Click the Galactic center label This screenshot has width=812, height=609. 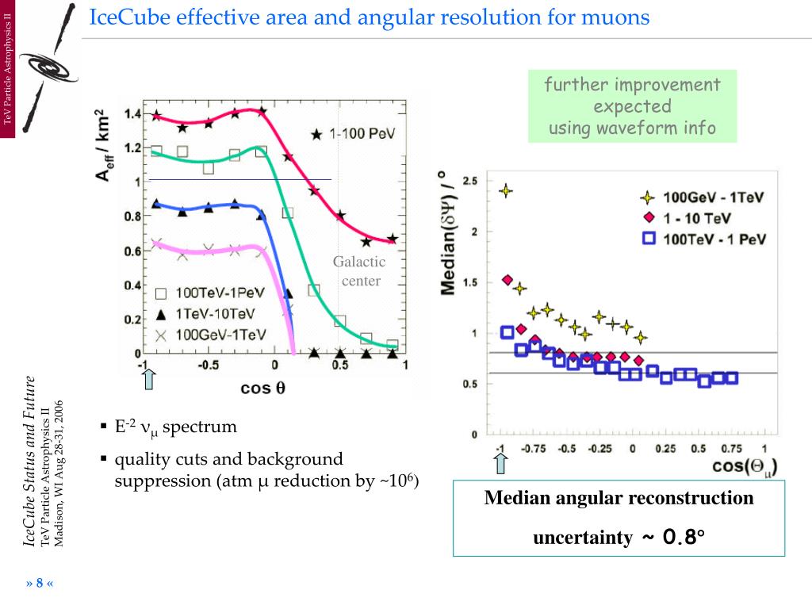tap(359, 271)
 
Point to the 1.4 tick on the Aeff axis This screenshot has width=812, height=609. tap(132, 114)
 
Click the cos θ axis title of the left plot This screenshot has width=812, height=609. tap(262, 388)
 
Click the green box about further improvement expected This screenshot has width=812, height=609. tap(632, 106)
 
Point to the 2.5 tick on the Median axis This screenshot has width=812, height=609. tap(469, 182)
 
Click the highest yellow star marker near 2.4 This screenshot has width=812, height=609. tap(505, 190)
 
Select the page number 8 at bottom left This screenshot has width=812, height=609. tap(40, 584)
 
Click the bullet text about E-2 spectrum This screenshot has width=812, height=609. tap(176, 427)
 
